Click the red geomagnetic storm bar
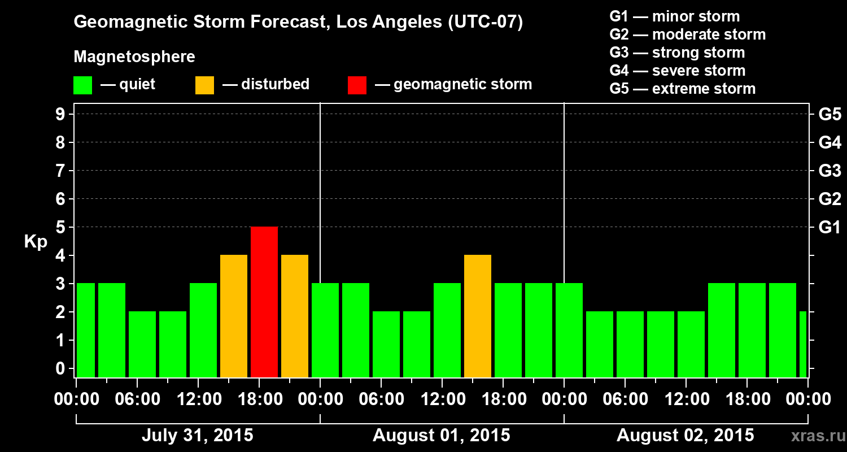pyautogui.click(x=264, y=302)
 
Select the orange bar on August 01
pyautogui.click(x=478, y=316)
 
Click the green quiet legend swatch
pyautogui.click(x=82, y=85)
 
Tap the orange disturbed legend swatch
pyautogui.click(x=204, y=85)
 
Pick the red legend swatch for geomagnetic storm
pyautogui.click(x=357, y=85)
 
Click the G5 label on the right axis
pyautogui.click(x=829, y=114)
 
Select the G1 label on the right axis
pyautogui.click(x=829, y=227)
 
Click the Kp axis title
pyautogui.click(x=36, y=242)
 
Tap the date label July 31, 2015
pyautogui.click(x=197, y=436)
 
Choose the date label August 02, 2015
pyautogui.click(x=685, y=436)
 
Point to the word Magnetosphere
pyautogui.click(x=134, y=57)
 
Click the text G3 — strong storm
pyautogui.click(x=677, y=53)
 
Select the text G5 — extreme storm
pyautogui.click(x=682, y=89)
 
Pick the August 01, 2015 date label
pyautogui.click(x=441, y=436)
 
